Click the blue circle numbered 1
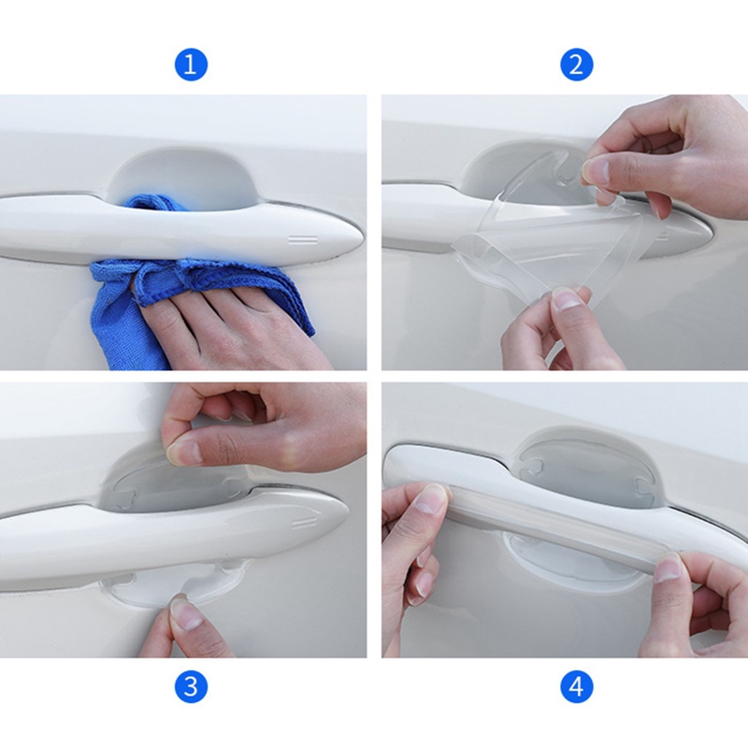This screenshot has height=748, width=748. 191,64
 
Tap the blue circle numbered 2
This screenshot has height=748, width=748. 576,64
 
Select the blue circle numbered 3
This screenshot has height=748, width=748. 191,686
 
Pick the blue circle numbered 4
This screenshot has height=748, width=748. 576,686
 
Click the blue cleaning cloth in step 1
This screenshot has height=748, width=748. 143,306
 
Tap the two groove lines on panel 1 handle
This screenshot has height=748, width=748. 303,239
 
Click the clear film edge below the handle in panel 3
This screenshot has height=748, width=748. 143,592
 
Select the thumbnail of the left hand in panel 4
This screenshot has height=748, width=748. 431,498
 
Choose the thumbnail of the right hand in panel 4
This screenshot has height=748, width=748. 669,568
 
